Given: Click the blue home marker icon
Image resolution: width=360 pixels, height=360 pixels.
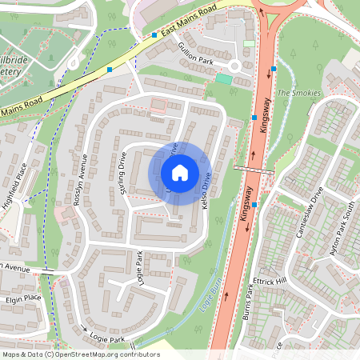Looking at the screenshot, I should (x=180, y=173).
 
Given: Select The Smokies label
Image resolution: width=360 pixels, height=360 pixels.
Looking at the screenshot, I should (x=298, y=93).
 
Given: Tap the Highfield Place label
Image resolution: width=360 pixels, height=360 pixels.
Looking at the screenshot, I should (x=14, y=186).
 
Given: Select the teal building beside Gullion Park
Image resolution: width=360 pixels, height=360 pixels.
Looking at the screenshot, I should (x=224, y=78).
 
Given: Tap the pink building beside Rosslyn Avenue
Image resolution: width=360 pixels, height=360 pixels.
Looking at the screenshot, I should (x=62, y=215).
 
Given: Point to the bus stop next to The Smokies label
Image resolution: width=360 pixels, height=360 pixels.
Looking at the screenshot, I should (x=274, y=70).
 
